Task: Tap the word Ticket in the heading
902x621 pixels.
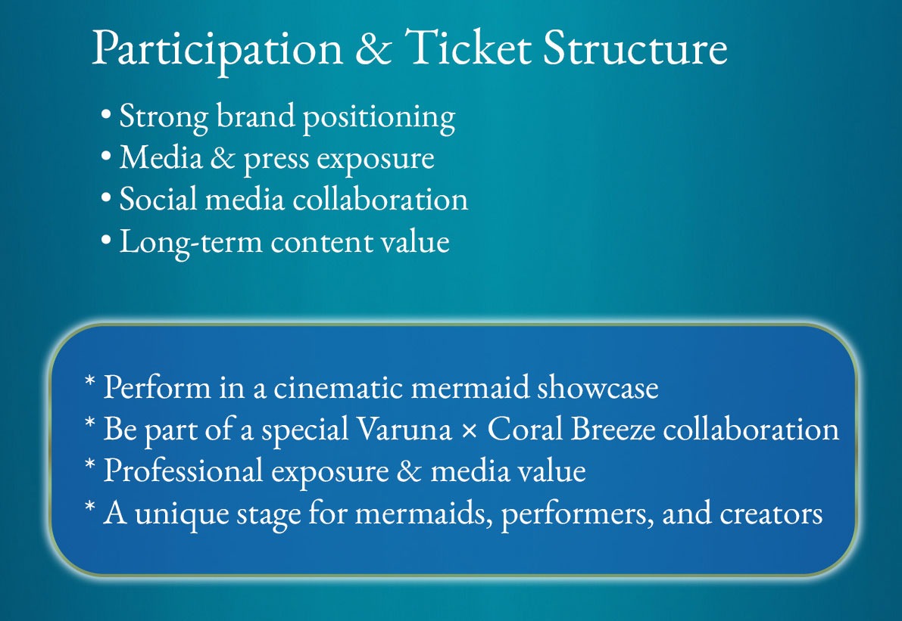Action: coord(468,47)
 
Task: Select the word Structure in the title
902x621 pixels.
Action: coord(635,48)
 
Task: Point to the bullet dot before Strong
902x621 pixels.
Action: coord(105,113)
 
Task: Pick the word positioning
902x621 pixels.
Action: coord(379,118)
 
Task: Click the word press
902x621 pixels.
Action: coord(276,160)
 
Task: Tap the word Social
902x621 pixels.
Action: coord(158,199)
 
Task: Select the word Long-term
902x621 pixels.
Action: coord(191,242)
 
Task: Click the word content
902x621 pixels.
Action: coord(320,243)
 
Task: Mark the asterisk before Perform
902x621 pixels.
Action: coord(89,381)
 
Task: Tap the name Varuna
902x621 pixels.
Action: coord(404,429)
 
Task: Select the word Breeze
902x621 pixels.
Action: coord(613,429)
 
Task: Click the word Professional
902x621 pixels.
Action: coord(183,470)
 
